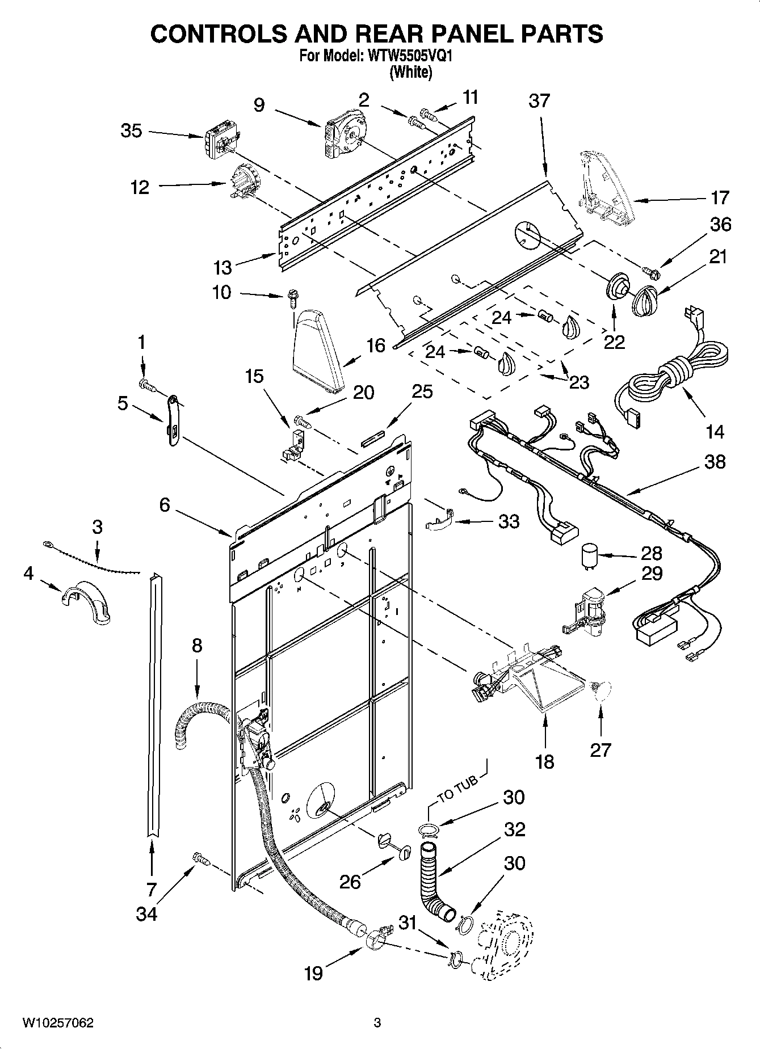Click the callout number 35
131,131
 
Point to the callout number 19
313,973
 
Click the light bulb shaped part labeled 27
599,691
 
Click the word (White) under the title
410,73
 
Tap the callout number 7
151,888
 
